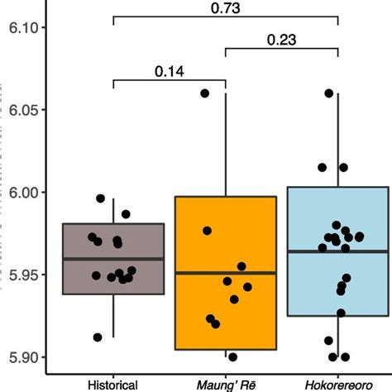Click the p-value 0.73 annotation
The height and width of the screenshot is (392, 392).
tap(226, 7)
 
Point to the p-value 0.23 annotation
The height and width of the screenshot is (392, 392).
tap(282, 39)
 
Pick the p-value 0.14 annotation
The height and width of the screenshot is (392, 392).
tap(170, 71)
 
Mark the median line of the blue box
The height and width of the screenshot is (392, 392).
tap(338, 251)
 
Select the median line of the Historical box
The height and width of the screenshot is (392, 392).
tap(113, 259)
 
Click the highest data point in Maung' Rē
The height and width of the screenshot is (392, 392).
tap(205, 93)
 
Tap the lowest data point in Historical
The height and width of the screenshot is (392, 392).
tap(98, 337)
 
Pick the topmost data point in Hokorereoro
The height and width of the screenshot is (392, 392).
tap(328, 93)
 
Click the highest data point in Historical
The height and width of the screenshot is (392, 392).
tap(101, 198)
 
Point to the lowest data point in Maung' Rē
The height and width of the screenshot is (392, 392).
tap(232, 357)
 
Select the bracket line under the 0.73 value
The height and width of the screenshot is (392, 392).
tap(226, 17)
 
